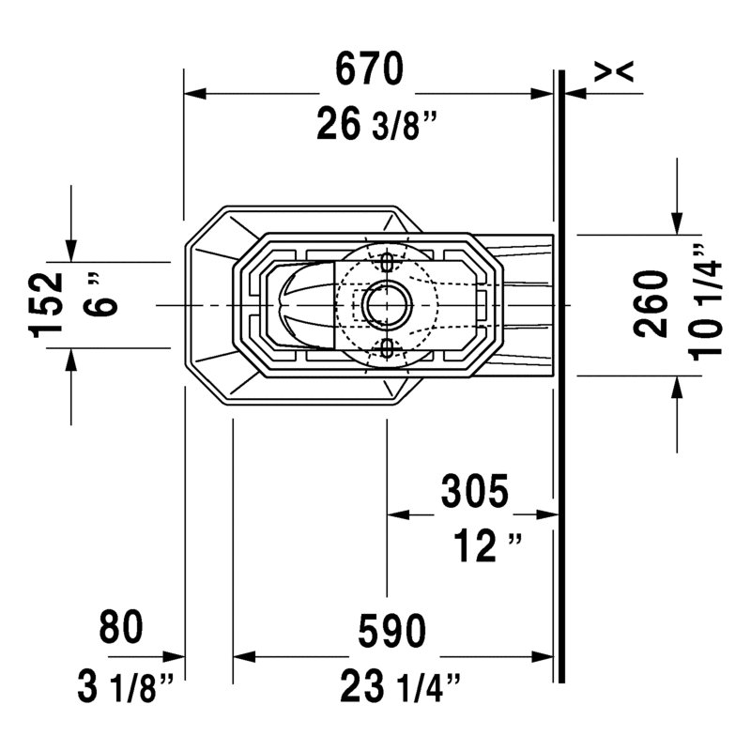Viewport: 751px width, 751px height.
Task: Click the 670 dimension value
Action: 369,69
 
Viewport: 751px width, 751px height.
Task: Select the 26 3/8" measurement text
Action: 377,125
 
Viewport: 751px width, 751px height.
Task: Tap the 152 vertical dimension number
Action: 45,305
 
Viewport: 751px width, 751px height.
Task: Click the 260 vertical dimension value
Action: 651,304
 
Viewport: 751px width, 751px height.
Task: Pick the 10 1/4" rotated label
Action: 705,302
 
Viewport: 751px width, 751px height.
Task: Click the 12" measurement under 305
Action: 487,545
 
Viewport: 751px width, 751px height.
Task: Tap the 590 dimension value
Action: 391,630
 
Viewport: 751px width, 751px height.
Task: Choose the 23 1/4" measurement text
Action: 401,687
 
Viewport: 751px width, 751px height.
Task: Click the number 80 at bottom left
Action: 121,626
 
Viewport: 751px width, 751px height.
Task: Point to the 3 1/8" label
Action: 126,687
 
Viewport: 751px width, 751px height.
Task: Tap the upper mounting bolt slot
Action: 387,262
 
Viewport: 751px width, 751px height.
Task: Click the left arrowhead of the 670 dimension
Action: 195,93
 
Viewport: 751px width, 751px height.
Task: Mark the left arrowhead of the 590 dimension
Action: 244,656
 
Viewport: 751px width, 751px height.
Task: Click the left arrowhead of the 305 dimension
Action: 398,514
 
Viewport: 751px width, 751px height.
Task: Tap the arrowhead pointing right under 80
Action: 174,656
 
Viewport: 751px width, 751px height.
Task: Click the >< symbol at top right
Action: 614,71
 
